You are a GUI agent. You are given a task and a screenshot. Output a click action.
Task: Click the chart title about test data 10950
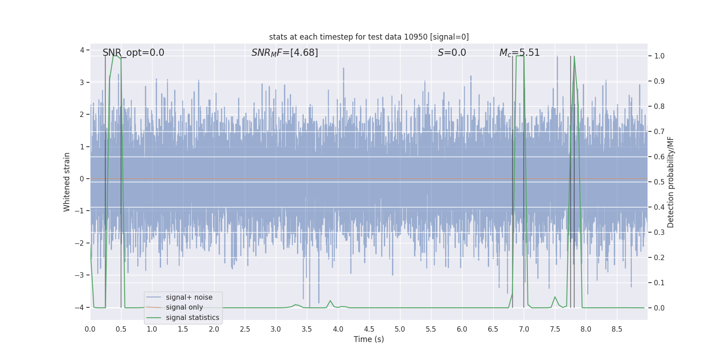[x=369, y=37]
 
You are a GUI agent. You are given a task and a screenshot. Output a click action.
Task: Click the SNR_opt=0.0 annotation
[x=133, y=53]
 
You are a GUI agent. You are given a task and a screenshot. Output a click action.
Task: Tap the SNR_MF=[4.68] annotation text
[x=284, y=53]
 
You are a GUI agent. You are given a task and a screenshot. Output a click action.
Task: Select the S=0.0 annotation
[x=452, y=53]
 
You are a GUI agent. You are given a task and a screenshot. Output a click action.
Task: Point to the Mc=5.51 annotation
[x=519, y=53]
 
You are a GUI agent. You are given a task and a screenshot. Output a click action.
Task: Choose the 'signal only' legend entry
[x=184, y=307]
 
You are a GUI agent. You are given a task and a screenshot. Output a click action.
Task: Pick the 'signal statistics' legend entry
[x=192, y=318]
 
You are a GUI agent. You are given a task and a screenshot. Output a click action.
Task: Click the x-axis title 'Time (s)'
[x=369, y=339]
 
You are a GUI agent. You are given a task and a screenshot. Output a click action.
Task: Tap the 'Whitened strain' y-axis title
[x=67, y=182]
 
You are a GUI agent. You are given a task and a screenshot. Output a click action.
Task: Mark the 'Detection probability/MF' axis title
[x=671, y=182]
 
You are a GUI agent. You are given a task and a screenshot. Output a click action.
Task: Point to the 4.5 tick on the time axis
[x=369, y=329]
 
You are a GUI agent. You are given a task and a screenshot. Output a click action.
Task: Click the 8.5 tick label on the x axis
[x=616, y=329]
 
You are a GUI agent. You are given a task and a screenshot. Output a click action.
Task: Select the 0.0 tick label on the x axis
[x=90, y=329]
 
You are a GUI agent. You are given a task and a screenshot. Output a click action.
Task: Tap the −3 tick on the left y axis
[x=81, y=275]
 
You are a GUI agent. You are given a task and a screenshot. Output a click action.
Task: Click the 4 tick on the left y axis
[x=82, y=50]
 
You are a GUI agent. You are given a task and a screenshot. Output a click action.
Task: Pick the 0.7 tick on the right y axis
[x=659, y=132]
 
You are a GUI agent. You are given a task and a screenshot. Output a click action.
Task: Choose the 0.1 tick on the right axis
[x=659, y=283]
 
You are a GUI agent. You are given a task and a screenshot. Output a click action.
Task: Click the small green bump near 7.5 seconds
[x=555, y=297]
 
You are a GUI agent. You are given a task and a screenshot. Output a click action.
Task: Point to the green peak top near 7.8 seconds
[x=574, y=57]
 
